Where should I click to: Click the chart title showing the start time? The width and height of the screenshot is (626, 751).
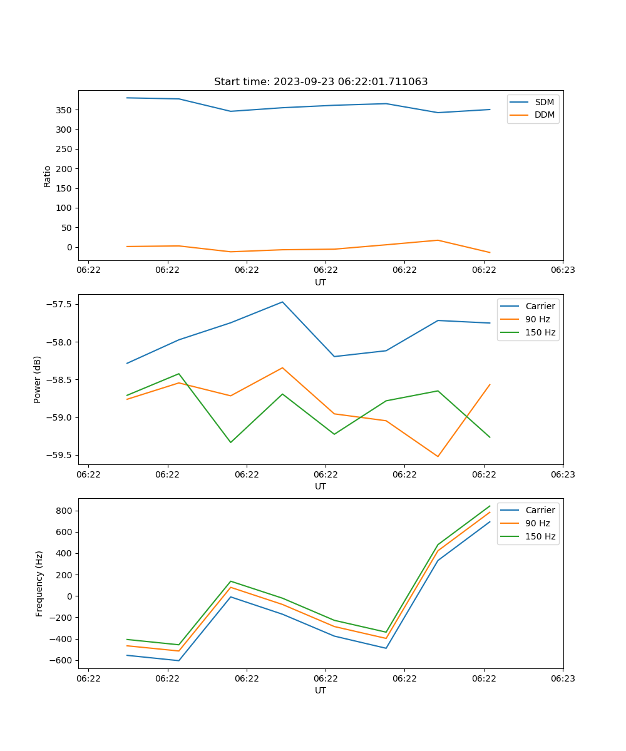click(x=321, y=82)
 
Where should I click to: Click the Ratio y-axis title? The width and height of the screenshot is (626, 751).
click(x=48, y=176)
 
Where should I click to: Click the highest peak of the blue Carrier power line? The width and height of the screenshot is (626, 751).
click(x=282, y=302)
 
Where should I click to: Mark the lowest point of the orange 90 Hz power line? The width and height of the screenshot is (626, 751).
click(x=438, y=456)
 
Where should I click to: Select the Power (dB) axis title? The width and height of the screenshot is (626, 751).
click(x=38, y=379)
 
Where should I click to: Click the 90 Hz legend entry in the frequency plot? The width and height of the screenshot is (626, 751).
click(x=537, y=523)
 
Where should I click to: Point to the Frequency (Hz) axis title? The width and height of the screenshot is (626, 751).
click(x=39, y=583)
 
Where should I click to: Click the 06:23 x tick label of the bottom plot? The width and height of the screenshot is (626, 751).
click(x=562, y=678)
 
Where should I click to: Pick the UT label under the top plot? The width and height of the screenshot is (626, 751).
click(x=321, y=282)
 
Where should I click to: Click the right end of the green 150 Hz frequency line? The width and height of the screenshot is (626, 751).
click(x=490, y=506)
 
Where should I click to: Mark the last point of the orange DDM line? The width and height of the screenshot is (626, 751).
click(x=490, y=253)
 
